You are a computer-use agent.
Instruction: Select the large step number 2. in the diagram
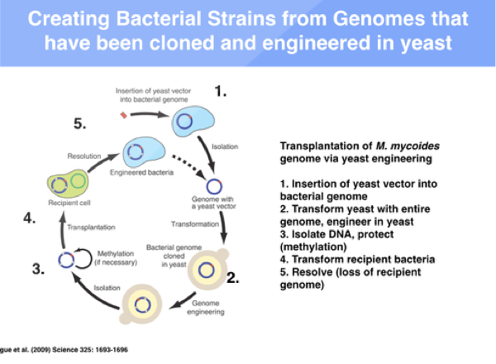click(x=232, y=279)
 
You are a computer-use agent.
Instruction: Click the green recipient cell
click(x=64, y=183)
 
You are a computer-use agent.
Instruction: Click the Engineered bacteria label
click(x=135, y=175)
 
